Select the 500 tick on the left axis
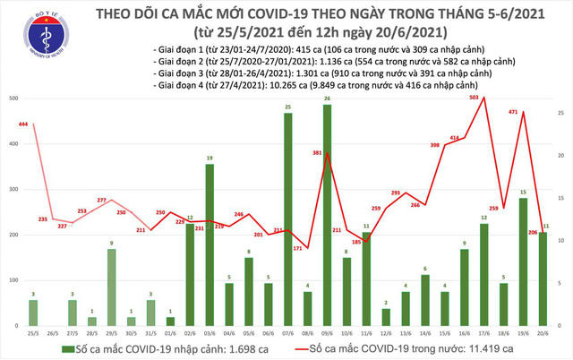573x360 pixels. pos(13,97)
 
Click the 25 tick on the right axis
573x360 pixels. pos(562,113)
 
